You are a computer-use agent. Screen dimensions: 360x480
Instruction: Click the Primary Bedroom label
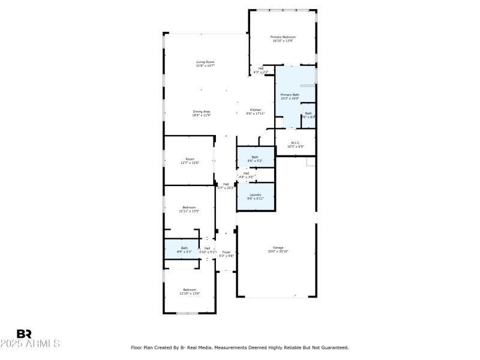(284, 37)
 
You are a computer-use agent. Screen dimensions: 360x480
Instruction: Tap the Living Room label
(205, 62)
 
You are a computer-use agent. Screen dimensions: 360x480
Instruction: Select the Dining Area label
(202, 111)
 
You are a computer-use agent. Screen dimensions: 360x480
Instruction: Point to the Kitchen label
(256, 110)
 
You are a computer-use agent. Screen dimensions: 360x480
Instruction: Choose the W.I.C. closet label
(295, 142)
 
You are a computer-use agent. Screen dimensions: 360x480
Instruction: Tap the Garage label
(278, 247)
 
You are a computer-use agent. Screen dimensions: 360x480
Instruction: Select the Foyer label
(226, 252)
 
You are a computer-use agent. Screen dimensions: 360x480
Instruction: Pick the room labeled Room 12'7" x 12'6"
(190, 159)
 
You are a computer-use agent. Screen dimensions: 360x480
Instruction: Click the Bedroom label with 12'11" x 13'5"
(189, 207)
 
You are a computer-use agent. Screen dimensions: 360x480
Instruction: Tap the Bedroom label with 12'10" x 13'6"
(189, 290)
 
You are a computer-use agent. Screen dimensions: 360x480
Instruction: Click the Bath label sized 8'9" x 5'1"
(184, 248)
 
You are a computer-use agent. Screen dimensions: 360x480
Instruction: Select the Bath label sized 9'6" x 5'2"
(255, 157)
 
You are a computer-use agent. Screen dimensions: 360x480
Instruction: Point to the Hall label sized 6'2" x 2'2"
(261, 68)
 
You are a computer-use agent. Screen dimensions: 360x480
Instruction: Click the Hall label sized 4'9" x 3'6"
(246, 173)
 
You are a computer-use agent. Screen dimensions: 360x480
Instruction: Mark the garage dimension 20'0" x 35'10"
(278, 251)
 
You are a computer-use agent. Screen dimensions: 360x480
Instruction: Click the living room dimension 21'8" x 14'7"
(205, 65)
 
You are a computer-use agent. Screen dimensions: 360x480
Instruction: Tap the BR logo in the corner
(24, 334)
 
